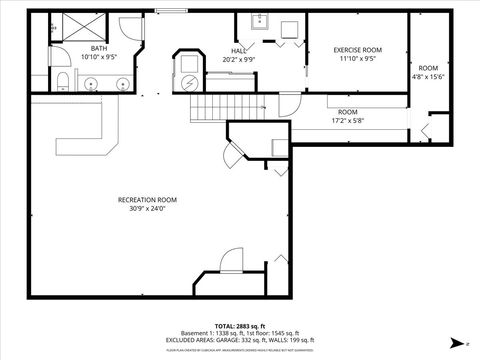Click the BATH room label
click(x=98, y=48)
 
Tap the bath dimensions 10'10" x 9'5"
click(x=98, y=57)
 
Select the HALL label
click(x=238, y=51)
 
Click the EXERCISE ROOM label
click(x=357, y=50)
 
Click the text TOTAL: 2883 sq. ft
click(x=239, y=327)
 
